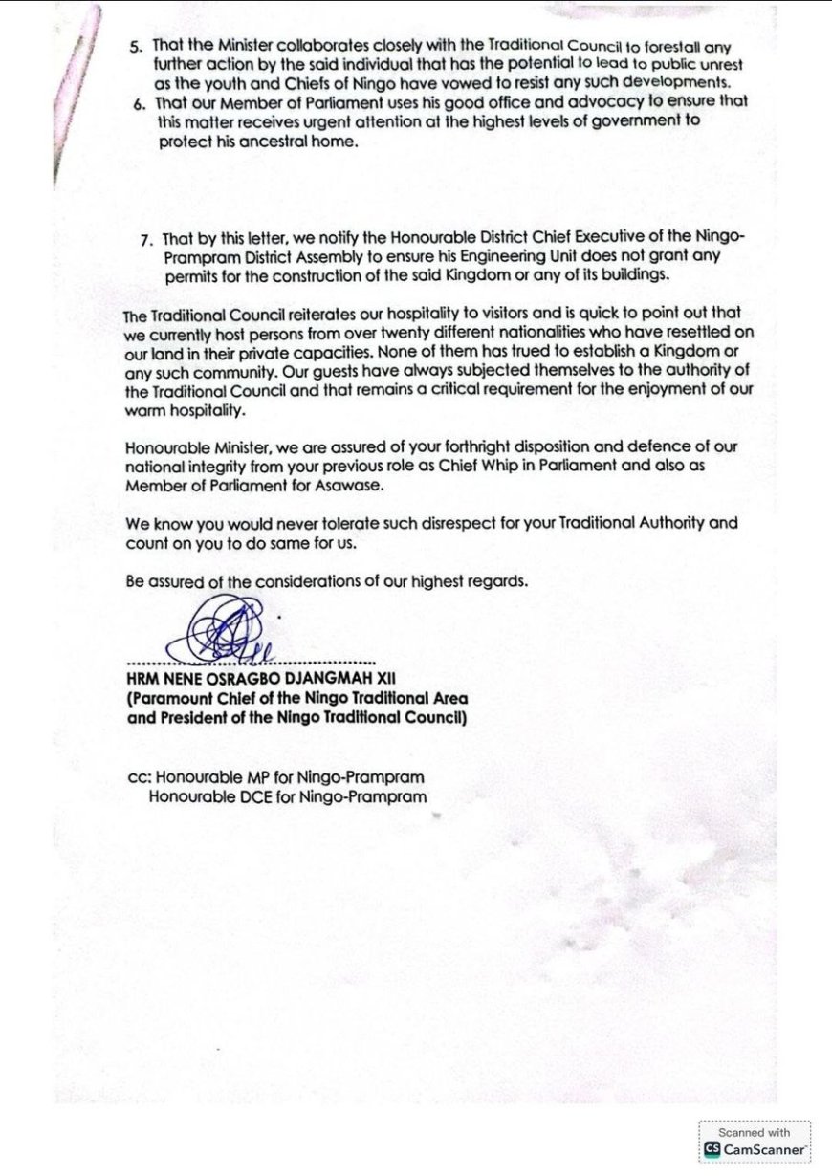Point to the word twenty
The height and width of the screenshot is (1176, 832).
tap(374, 332)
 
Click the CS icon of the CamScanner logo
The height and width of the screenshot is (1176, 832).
tap(712, 1148)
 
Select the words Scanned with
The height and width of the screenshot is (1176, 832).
tap(755, 1132)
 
